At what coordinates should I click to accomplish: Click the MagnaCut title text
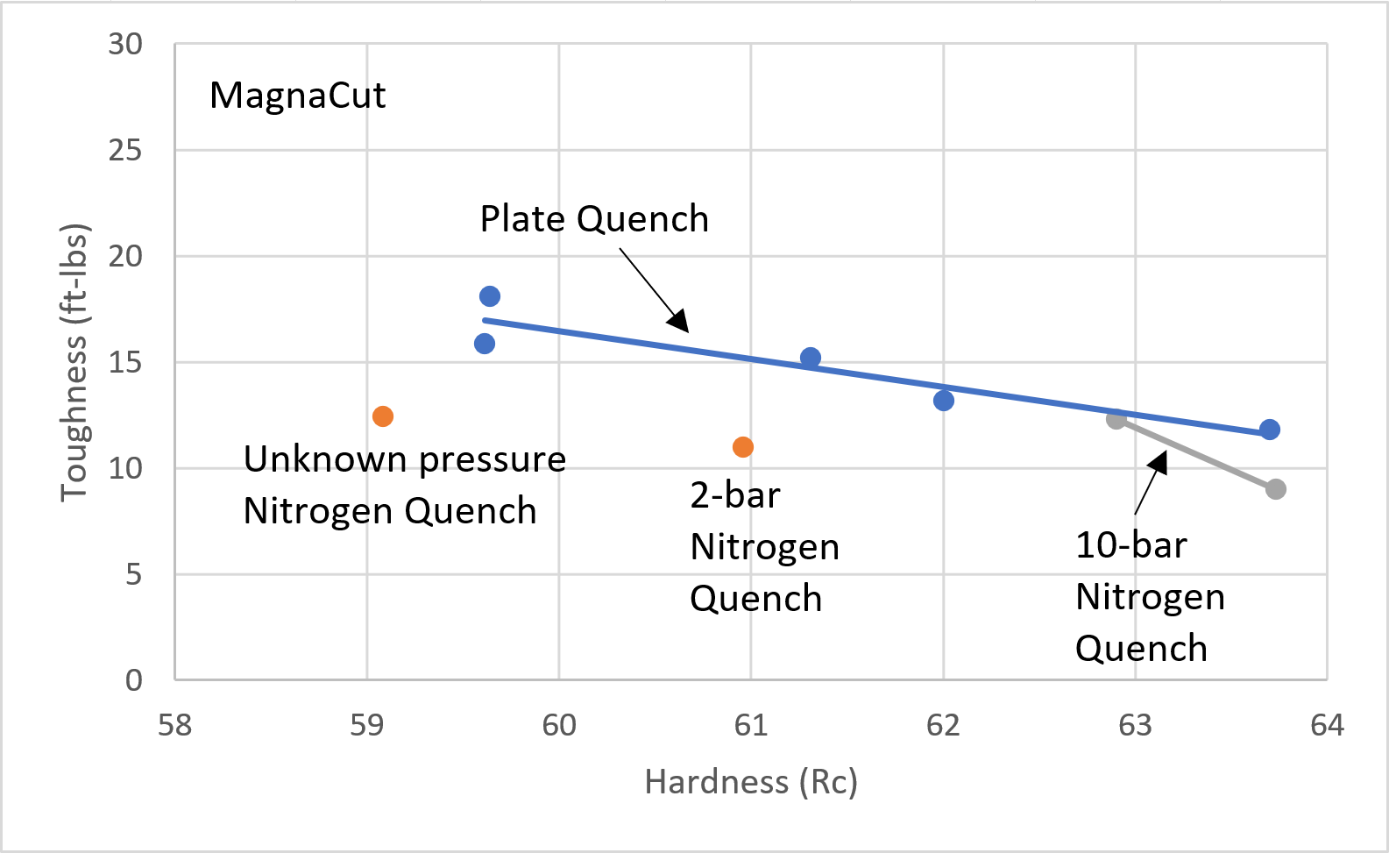297,96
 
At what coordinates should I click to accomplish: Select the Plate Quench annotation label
594,219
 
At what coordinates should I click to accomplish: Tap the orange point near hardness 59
383,416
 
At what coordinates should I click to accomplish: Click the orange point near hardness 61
743,447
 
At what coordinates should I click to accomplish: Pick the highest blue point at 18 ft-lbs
490,296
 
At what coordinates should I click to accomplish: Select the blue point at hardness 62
944,401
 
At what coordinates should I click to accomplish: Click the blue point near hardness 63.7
1270,430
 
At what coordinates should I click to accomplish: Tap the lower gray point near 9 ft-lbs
1276,489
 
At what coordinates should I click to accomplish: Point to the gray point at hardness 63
1116,419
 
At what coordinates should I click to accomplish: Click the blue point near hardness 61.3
811,358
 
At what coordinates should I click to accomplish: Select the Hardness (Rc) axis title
751,782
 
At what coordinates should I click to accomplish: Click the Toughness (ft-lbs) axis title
74,363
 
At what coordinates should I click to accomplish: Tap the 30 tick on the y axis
125,45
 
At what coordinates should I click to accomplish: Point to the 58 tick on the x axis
175,726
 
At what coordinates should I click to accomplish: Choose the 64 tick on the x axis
1327,726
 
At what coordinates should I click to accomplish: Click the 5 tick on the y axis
133,575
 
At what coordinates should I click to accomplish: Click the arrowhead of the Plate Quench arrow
679,323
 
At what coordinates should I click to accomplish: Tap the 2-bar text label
734,496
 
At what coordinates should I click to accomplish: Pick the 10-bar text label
1130,546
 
